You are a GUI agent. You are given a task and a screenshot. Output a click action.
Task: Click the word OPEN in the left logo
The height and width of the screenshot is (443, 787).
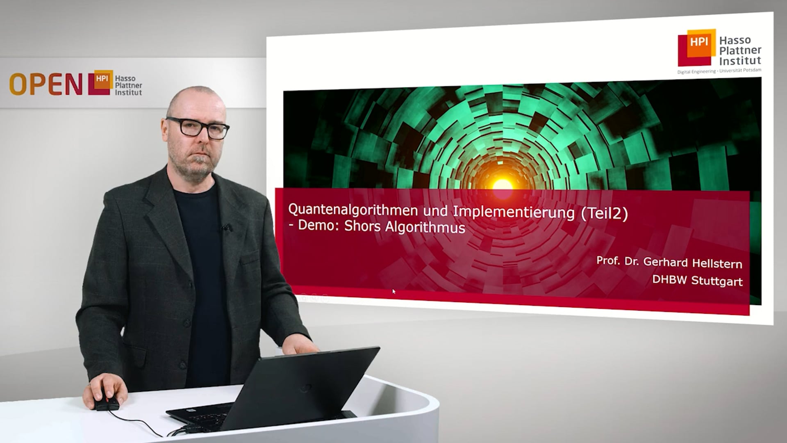[46, 84]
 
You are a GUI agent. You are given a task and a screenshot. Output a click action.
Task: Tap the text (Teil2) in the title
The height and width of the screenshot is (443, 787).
[604, 214]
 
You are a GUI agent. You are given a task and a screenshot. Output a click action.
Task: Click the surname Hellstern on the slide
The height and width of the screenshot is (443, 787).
[717, 263]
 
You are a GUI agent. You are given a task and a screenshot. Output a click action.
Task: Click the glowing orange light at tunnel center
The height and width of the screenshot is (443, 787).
[502, 183]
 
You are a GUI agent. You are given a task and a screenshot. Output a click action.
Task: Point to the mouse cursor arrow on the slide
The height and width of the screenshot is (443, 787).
[393, 291]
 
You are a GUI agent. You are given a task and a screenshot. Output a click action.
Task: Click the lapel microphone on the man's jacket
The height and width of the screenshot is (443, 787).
[225, 227]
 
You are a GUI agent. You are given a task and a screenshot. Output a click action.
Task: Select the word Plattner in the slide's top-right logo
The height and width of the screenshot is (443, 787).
[740, 50]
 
